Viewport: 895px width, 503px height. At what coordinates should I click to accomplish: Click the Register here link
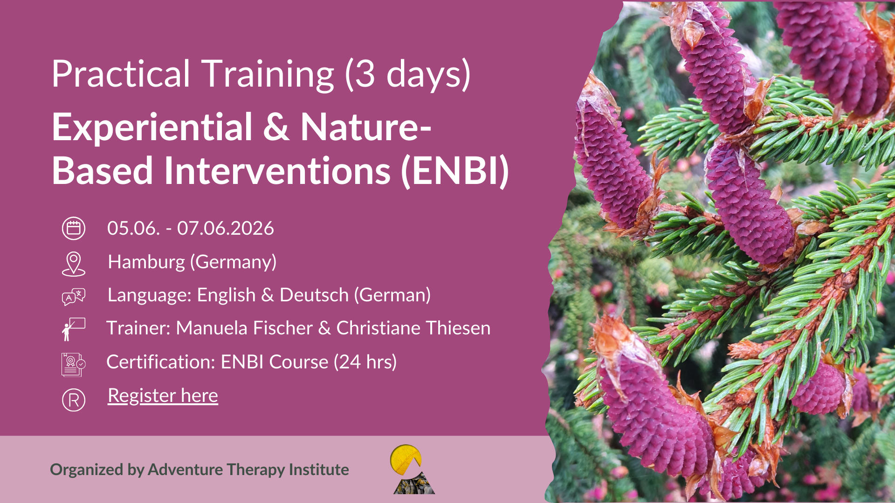[163, 395]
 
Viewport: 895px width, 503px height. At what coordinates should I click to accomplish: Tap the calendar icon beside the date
[74, 228]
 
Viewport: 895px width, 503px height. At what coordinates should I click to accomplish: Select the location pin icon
[74, 264]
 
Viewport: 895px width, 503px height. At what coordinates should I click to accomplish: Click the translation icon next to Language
[74, 297]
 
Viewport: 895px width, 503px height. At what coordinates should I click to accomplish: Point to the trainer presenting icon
[74, 329]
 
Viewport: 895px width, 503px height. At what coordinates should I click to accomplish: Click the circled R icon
[74, 400]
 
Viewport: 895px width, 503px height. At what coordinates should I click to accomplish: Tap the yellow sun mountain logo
[413, 469]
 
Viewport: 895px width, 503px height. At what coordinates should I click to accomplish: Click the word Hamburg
[146, 262]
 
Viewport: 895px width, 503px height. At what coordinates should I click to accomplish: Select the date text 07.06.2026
[226, 228]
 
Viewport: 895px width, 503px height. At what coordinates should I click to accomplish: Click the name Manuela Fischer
[244, 328]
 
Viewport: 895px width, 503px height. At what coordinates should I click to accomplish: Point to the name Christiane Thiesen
[413, 328]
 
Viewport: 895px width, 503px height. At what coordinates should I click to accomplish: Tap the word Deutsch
[314, 295]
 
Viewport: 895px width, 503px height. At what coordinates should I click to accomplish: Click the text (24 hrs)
[365, 362]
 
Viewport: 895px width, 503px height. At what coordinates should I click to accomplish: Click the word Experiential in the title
[152, 127]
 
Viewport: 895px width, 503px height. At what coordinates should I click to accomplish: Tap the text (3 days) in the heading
[408, 75]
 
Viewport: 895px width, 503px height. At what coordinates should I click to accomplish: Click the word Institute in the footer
[319, 469]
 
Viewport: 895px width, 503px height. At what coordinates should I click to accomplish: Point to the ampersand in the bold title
[276, 127]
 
